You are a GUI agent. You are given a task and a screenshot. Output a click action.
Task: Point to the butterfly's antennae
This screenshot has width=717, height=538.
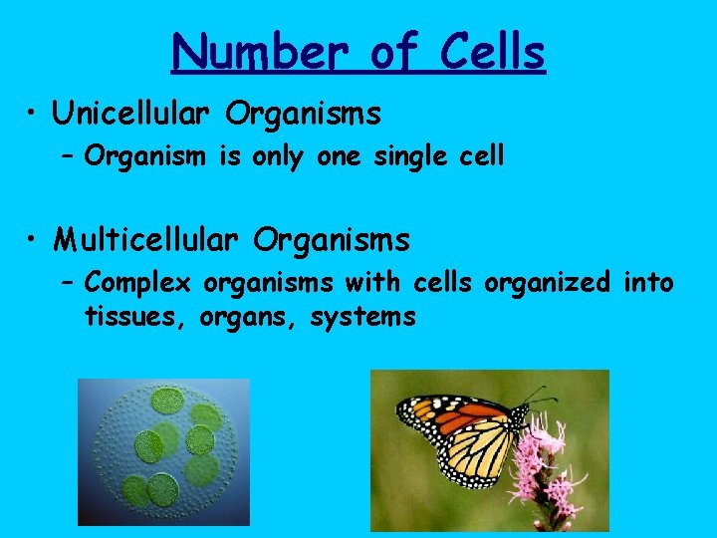point(538,394)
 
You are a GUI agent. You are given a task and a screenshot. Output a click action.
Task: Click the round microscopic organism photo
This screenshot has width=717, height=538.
point(163,452)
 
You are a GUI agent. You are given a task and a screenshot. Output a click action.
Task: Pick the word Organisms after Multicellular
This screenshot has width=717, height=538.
point(331,240)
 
